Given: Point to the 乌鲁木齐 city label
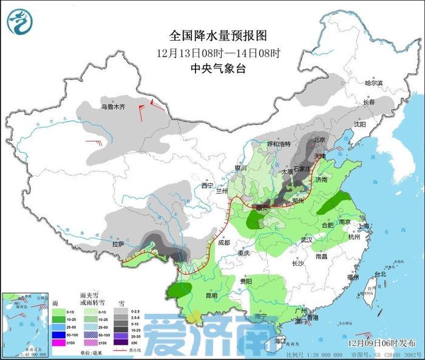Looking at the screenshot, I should click(x=112, y=107).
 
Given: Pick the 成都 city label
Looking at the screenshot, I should click(x=223, y=243).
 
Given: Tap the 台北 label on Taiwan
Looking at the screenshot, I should click(x=380, y=274).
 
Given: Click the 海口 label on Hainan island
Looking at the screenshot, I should click(x=279, y=341).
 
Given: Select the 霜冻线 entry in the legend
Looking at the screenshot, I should click(x=129, y=351).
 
